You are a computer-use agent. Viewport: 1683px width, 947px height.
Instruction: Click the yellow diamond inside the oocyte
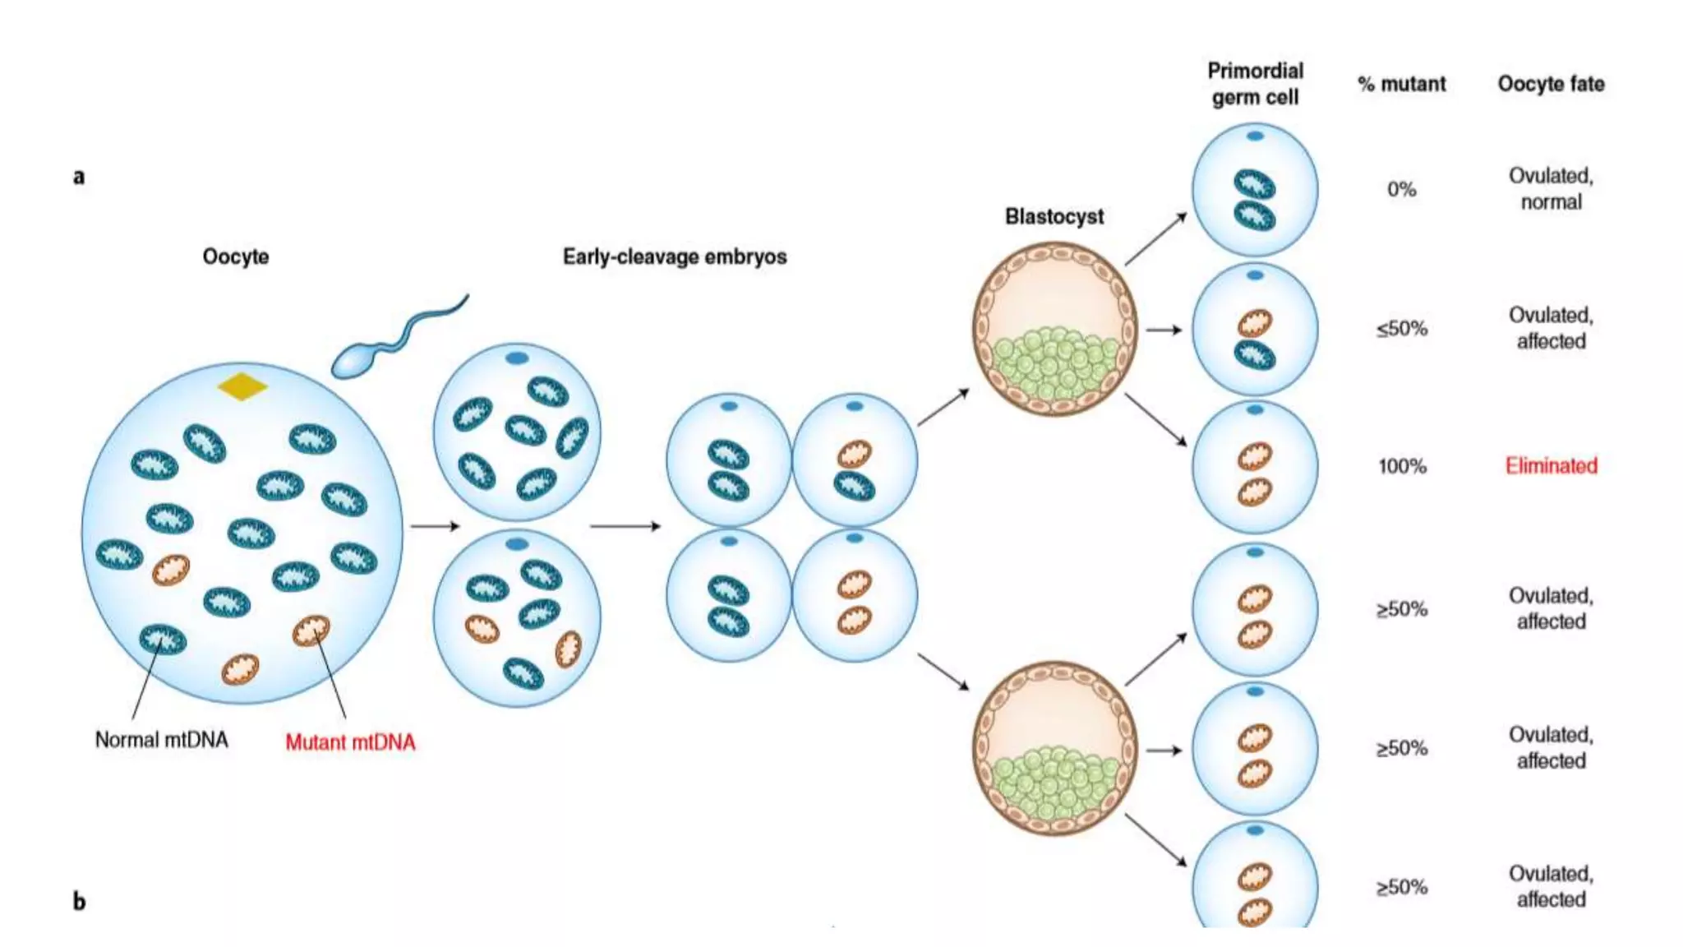click(x=242, y=386)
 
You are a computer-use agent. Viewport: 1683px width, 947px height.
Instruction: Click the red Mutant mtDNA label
click(x=350, y=742)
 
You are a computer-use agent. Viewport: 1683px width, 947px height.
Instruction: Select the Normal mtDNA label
click(x=161, y=740)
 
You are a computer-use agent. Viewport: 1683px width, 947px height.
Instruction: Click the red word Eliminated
click(x=1551, y=466)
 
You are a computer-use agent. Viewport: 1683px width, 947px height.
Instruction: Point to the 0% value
click(x=1401, y=190)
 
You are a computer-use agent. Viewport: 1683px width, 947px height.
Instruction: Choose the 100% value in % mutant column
click(x=1402, y=467)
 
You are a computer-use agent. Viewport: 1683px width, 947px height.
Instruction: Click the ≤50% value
click(x=1402, y=329)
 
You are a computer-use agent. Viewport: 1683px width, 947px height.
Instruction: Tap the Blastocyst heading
click(x=1054, y=217)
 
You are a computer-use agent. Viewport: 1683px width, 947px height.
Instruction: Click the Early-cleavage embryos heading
click(x=674, y=257)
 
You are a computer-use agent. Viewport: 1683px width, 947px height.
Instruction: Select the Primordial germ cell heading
click(x=1255, y=84)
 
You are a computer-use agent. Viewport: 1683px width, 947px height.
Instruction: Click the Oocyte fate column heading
click(x=1551, y=84)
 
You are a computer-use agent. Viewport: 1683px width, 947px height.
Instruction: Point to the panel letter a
click(x=79, y=177)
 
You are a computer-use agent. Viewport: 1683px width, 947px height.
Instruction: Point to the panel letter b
click(x=79, y=902)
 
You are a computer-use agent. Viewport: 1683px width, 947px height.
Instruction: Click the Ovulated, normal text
click(x=1551, y=189)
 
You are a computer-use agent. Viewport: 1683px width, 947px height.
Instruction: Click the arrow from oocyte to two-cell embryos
click(x=435, y=526)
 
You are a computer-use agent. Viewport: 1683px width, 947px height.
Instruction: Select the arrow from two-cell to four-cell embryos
click(x=625, y=526)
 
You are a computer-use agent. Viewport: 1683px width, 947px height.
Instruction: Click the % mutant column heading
click(x=1401, y=84)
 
